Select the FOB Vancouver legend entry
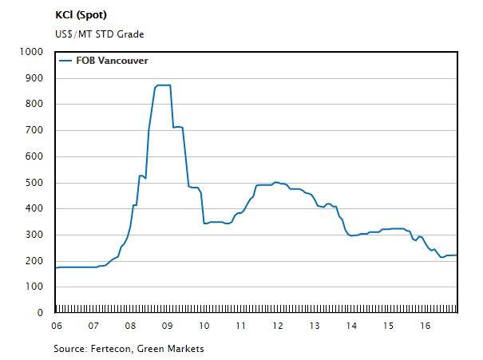(112, 60)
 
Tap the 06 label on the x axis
(56, 326)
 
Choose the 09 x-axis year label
(167, 326)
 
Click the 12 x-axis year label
(278, 326)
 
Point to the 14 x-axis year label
(351, 326)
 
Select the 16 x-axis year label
(426, 326)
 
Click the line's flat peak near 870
(163, 85)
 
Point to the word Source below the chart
(69, 348)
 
